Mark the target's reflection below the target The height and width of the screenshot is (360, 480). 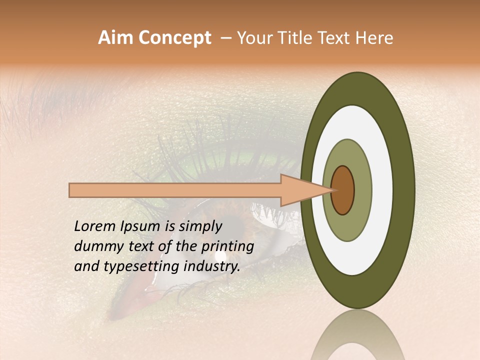357,337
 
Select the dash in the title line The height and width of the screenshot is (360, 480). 226,38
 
